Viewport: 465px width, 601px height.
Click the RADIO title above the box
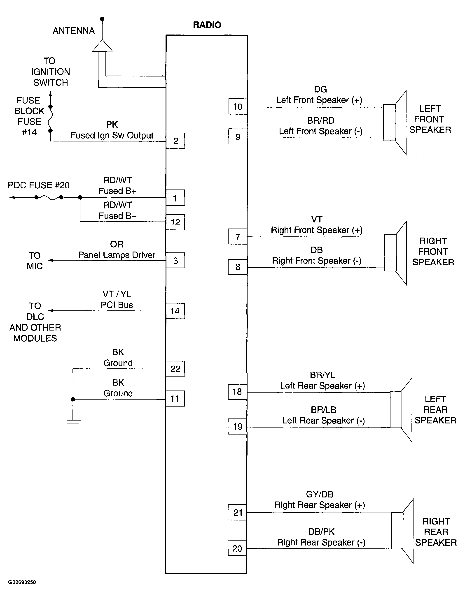(207, 25)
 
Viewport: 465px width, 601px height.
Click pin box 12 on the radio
(175, 222)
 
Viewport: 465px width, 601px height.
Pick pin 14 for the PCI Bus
(175, 311)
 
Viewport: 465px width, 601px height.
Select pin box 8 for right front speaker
(237, 267)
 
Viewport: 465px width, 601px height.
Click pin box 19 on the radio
(237, 427)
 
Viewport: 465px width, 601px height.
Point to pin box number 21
(237, 512)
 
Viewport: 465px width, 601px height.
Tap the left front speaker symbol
(395, 123)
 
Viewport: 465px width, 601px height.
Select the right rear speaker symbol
(402, 531)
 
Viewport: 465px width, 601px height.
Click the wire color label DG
(320, 89)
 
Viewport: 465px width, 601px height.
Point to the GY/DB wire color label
(320, 494)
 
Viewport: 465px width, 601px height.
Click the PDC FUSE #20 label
(39, 185)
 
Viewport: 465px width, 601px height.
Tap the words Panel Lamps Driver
(117, 255)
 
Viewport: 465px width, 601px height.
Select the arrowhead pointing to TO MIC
(50, 260)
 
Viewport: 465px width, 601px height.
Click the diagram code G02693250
(22, 582)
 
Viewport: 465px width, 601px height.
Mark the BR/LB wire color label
(323, 410)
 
